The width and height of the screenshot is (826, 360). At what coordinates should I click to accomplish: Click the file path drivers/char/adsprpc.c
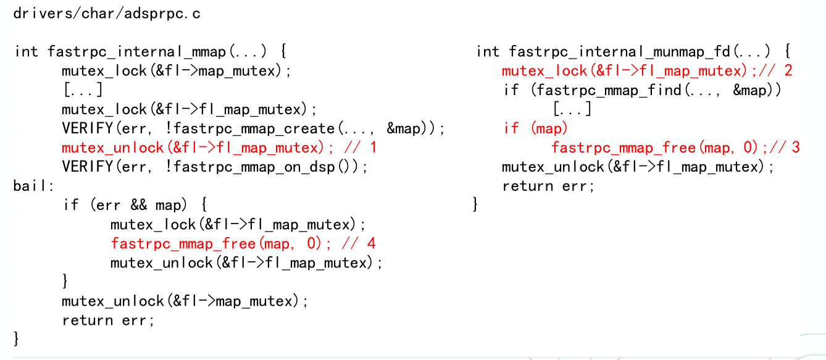(107, 14)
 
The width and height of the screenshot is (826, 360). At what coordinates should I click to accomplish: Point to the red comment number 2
(788, 70)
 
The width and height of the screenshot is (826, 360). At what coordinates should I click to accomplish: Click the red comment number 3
(795, 148)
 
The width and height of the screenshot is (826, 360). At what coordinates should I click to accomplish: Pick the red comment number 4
(371, 243)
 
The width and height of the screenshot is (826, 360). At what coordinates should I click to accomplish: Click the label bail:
(34, 185)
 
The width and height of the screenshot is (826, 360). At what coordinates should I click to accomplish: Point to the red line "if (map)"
(535, 128)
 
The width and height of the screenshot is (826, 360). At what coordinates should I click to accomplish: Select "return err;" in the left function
(108, 320)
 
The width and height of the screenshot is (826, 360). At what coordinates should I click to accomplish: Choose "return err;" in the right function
(548, 186)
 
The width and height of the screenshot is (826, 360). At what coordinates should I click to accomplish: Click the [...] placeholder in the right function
(572, 109)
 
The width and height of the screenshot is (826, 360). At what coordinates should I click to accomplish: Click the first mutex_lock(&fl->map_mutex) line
(177, 70)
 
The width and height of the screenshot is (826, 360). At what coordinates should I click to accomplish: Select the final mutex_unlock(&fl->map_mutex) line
(184, 301)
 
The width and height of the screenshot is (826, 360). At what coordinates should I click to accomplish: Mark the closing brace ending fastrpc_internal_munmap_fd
(475, 204)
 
